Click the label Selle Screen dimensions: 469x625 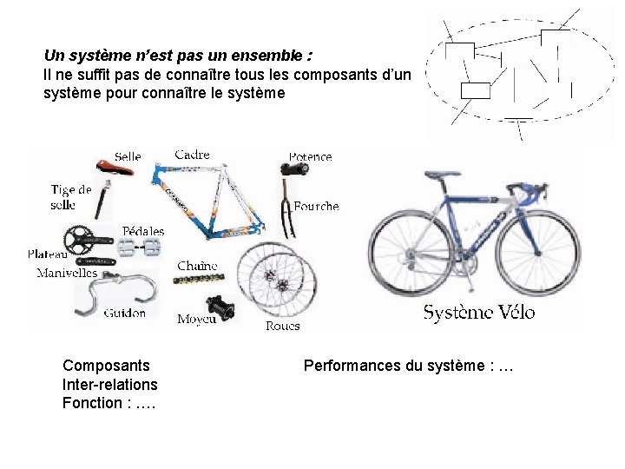(x=128, y=156)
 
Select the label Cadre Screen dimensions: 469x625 (x=192, y=155)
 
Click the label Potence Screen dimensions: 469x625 (x=310, y=157)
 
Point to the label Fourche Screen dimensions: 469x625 (x=316, y=207)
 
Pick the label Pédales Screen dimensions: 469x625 (x=143, y=231)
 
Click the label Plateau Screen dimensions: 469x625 (x=48, y=254)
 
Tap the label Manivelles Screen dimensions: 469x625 (x=67, y=273)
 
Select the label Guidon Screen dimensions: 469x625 (x=125, y=313)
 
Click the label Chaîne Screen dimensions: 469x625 (x=197, y=266)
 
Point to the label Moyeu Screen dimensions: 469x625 (x=196, y=320)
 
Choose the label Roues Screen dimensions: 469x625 (x=282, y=326)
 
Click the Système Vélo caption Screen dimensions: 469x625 (x=479, y=313)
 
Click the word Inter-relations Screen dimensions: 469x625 (x=110, y=384)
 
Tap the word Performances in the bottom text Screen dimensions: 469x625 (x=352, y=366)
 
